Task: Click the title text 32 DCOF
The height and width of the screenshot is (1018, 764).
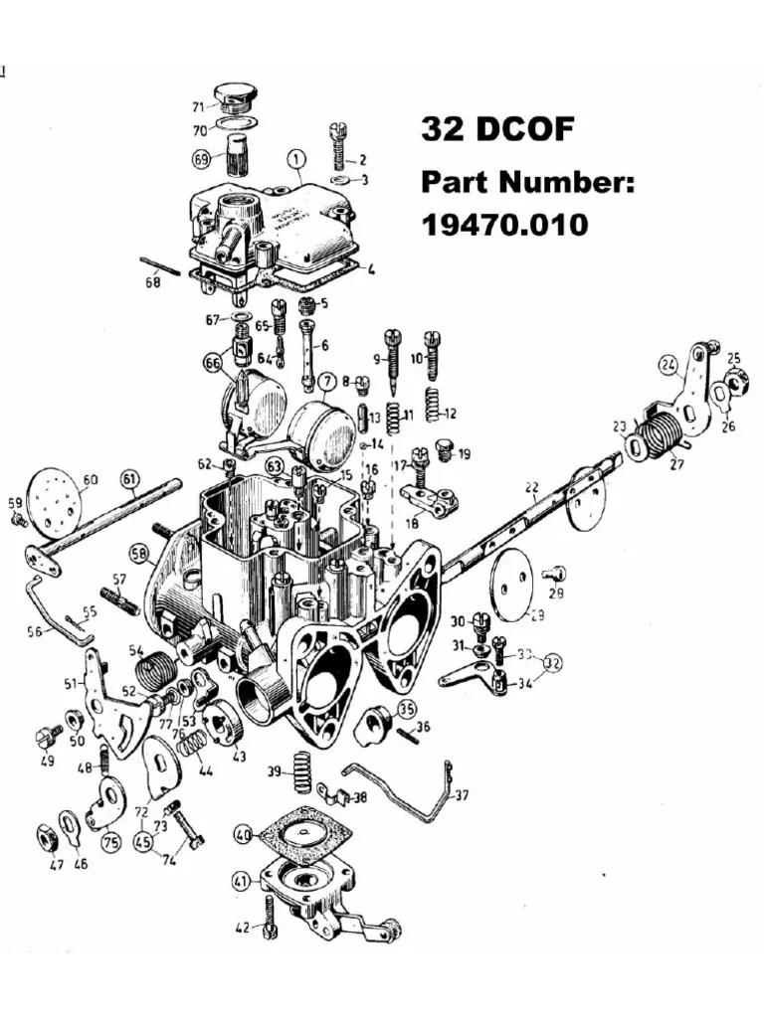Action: pos(496,129)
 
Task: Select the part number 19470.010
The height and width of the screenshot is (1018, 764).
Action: pos(504,225)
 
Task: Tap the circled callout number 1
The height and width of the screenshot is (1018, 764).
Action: pos(295,159)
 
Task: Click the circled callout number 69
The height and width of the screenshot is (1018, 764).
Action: pos(202,158)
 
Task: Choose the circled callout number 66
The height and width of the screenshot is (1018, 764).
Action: pos(213,364)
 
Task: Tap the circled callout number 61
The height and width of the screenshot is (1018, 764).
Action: pos(130,479)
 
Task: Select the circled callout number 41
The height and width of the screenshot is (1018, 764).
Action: pos(242,881)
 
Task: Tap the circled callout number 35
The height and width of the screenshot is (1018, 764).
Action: pos(407,708)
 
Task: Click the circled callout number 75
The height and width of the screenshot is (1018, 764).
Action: pos(110,841)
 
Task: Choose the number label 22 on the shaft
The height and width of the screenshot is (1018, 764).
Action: pos(531,487)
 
